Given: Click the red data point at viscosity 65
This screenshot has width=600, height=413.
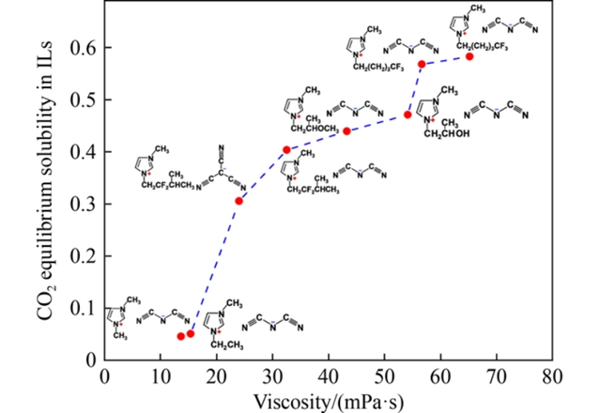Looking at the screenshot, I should (x=469, y=56).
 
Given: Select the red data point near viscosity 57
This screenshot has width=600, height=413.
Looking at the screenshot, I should (x=423, y=64).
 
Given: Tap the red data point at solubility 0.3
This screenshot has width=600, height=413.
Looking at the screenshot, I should (x=239, y=201).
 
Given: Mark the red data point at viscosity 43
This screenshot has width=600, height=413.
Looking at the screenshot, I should (x=346, y=130).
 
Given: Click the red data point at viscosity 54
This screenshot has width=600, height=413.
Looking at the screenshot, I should (x=408, y=115).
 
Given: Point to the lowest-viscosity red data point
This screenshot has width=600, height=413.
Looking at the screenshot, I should (x=181, y=336).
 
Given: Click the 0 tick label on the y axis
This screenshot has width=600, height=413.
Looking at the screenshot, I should (x=91, y=359).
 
